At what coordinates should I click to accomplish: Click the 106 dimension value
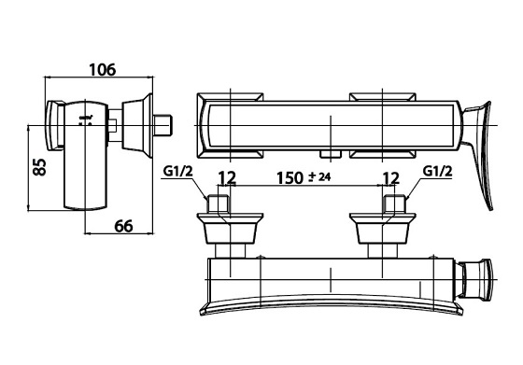103,70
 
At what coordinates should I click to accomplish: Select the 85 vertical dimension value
39,167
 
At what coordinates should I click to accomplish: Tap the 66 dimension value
123,226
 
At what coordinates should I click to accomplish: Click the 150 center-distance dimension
290,178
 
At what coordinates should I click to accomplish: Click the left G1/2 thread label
178,172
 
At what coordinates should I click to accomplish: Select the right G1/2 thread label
438,172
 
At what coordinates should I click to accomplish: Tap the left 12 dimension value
227,178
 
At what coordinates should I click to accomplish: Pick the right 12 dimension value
391,178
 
